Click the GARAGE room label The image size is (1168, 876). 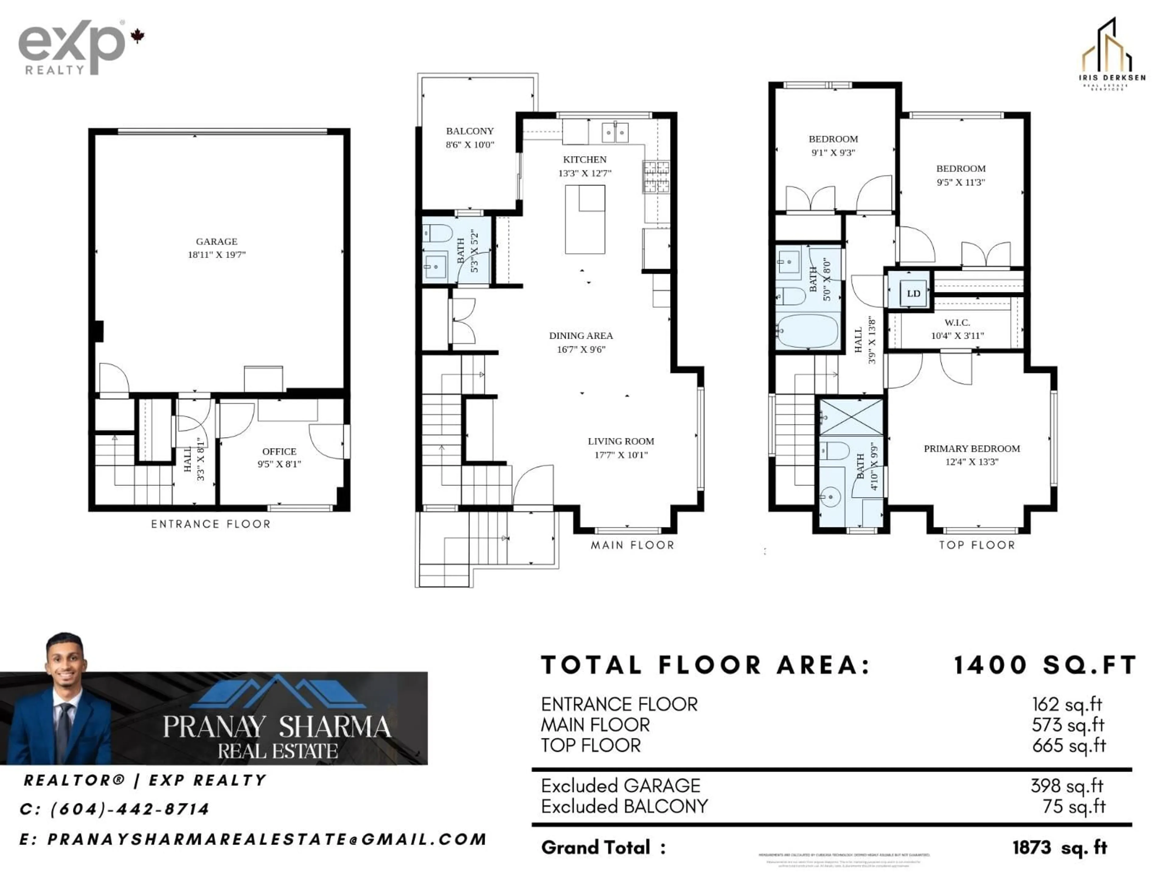[x=217, y=241]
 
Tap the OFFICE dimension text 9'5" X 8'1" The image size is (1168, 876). [x=279, y=464]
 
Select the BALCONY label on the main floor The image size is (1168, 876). [x=469, y=131]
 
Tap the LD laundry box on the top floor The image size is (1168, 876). [x=913, y=294]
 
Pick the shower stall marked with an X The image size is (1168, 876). [x=851, y=417]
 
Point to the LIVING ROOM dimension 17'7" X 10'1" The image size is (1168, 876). [x=621, y=455]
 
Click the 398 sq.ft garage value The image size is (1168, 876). [x=1067, y=786]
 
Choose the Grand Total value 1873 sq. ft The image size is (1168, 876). [x=1059, y=847]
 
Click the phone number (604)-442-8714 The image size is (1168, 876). [x=129, y=809]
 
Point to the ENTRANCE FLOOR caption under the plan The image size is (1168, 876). [x=211, y=524]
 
